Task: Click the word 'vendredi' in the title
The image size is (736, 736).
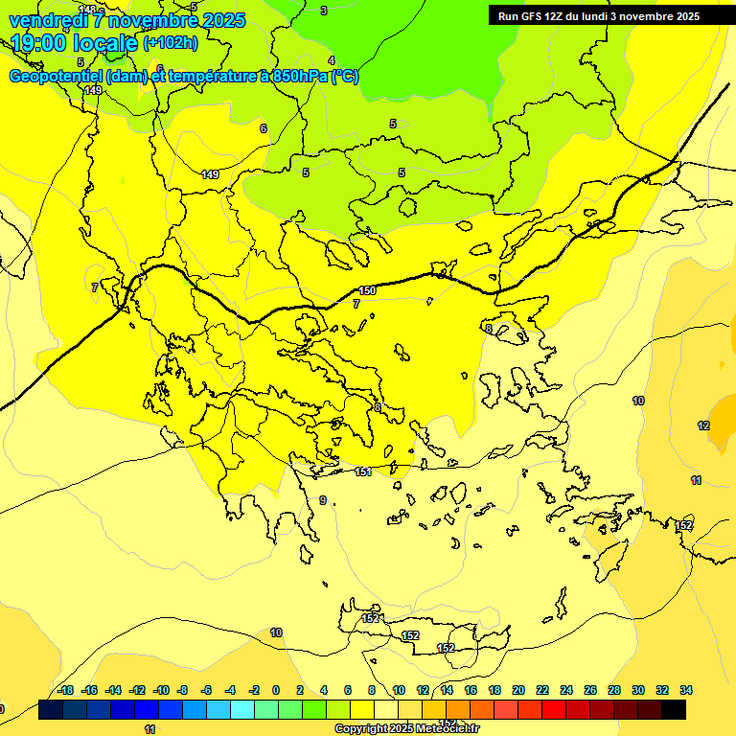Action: (x=47, y=20)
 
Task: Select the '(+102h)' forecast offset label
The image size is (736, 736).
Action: (x=171, y=43)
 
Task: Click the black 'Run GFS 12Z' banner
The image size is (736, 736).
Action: (x=599, y=15)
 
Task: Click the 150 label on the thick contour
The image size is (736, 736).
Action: (x=367, y=290)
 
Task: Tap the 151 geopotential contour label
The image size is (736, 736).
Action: (x=363, y=471)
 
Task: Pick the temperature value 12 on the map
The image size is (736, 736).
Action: (x=703, y=425)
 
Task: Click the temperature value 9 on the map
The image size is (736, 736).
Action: (x=323, y=500)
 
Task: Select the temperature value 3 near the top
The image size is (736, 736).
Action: (x=324, y=11)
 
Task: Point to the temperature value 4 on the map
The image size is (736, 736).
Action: (x=332, y=61)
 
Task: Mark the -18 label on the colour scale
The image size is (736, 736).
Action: (x=65, y=690)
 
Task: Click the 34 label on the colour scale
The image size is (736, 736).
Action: (x=686, y=690)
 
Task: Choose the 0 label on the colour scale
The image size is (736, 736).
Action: (x=276, y=690)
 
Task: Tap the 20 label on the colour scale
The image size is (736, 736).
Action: (x=518, y=690)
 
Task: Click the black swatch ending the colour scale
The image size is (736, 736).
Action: (x=673, y=710)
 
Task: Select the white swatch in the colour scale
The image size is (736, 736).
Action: (x=384, y=710)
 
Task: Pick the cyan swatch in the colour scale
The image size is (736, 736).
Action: (x=242, y=710)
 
